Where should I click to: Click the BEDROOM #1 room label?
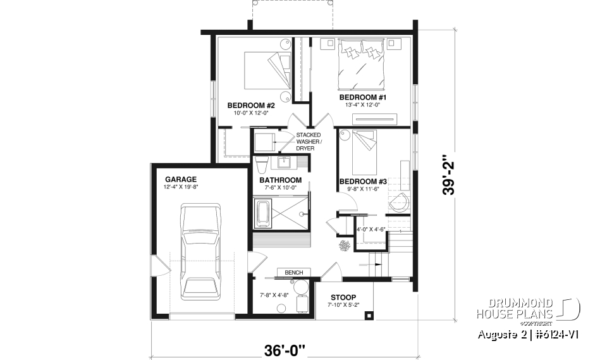point(362,97)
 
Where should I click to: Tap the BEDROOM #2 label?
point(250,105)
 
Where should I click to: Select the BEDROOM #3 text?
point(362,182)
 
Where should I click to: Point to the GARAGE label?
point(181,179)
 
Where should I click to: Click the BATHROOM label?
point(280,180)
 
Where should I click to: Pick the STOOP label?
point(342,297)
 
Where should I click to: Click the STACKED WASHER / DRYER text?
point(309,142)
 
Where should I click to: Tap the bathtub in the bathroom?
point(262,214)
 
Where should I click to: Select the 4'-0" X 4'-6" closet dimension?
point(371,230)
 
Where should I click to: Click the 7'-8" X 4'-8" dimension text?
point(274,295)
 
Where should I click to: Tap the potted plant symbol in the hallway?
point(345,245)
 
